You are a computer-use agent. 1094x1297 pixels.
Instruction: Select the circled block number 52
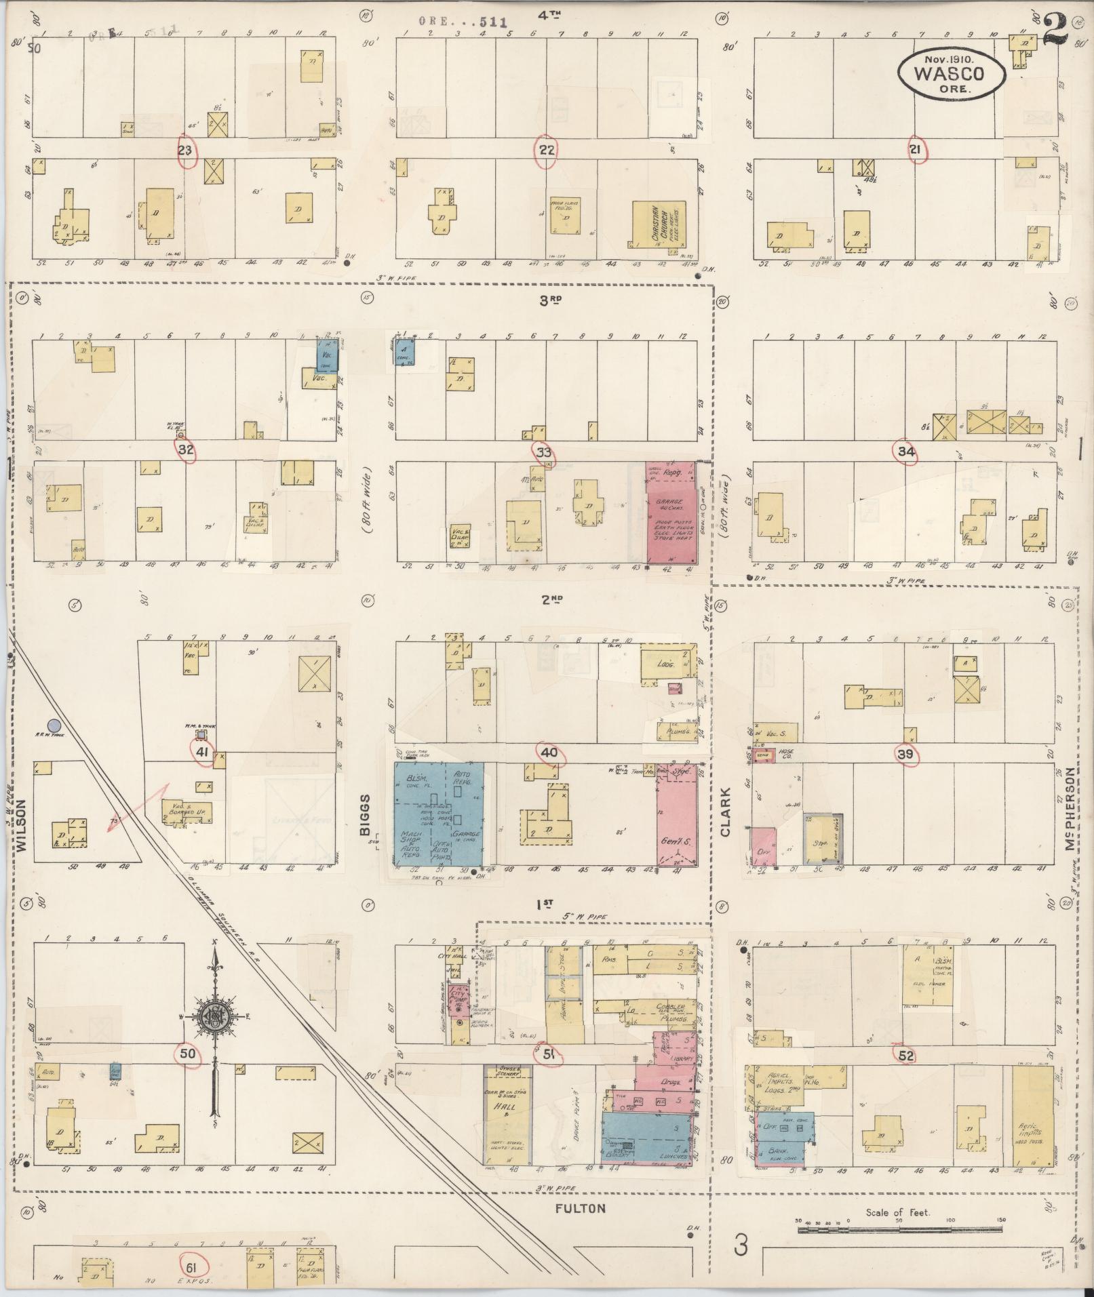click(x=906, y=1056)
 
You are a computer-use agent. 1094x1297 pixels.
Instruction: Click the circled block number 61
click(x=192, y=1264)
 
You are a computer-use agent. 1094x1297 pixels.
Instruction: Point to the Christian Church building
click(x=658, y=229)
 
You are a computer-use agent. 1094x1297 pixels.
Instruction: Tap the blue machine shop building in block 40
click(x=439, y=814)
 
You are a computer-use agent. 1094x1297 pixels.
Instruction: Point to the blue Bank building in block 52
click(x=780, y=1146)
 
